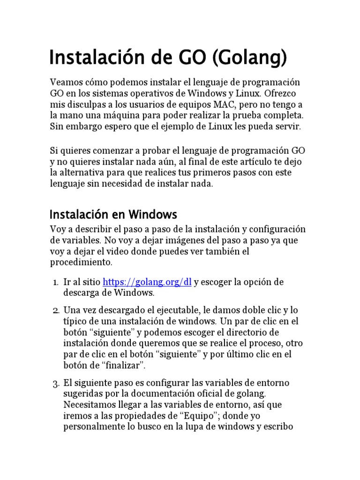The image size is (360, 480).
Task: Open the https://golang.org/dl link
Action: pyautogui.click(x=147, y=282)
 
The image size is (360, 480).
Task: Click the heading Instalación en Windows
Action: pyautogui.click(x=113, y=215)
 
